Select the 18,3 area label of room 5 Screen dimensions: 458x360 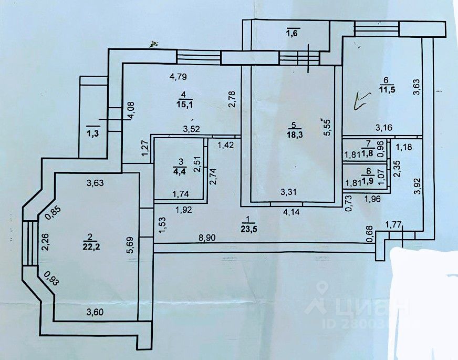294,135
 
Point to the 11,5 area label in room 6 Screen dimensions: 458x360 387,89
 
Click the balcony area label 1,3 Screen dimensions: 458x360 92,133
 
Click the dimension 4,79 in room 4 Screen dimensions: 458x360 179,77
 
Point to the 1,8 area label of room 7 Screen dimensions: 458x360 369,153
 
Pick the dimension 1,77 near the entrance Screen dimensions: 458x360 395,225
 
